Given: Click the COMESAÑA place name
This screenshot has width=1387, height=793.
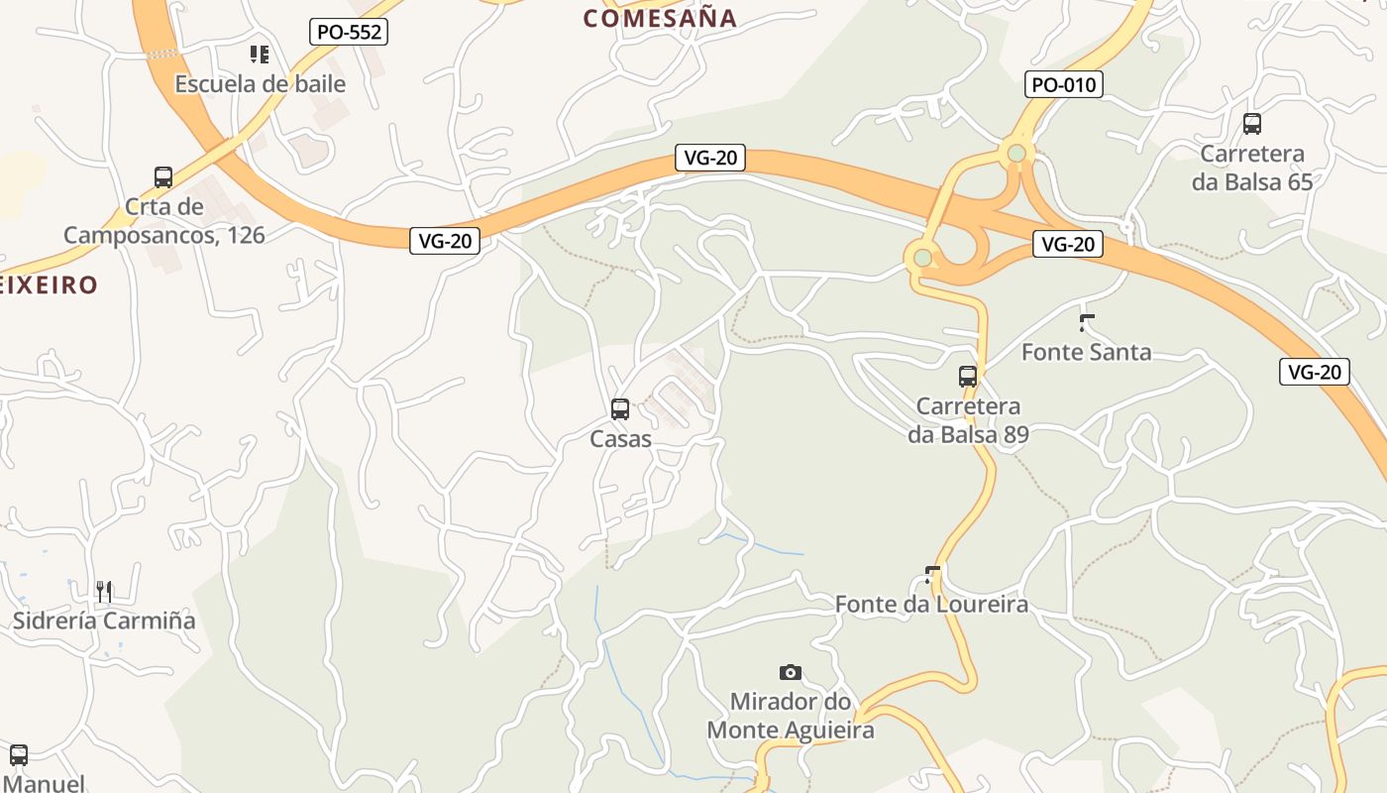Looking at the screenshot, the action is click(660, 18).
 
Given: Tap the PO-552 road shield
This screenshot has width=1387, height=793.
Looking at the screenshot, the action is click(349, 32).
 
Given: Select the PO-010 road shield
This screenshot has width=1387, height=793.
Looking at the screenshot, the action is click(1064, 84).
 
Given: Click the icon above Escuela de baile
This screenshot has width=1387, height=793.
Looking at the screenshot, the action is click(260, 54).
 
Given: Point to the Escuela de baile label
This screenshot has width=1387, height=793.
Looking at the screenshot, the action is click(261, 84).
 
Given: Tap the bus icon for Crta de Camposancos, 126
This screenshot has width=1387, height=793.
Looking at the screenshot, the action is click(163, 177).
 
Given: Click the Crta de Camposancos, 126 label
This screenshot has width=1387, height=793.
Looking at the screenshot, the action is click(164, 221).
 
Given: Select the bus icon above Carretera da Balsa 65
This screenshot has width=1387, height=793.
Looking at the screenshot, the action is click(1252, 124).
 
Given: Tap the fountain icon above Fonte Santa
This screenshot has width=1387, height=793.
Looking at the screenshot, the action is click(1087, 321).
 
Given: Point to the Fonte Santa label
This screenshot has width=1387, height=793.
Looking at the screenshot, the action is click(1087, 352).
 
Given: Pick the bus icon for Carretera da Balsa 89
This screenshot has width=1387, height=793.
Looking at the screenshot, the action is click(968, 377).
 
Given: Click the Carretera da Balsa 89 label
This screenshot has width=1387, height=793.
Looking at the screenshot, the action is click(969, 420).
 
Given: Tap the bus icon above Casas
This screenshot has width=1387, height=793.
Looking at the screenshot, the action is click(620, 408).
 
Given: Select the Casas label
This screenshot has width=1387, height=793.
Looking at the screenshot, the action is click(621, 438).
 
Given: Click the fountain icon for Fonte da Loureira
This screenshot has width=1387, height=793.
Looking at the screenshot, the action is click(931, 573).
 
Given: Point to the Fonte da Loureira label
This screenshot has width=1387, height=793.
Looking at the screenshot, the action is click(931, 604).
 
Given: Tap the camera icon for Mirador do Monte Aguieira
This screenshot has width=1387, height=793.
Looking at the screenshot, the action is click(790, 672).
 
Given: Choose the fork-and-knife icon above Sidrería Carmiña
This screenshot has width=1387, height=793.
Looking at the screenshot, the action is click(104, 591).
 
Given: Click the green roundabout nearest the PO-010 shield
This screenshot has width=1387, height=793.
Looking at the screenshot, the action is click(1016, 153).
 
